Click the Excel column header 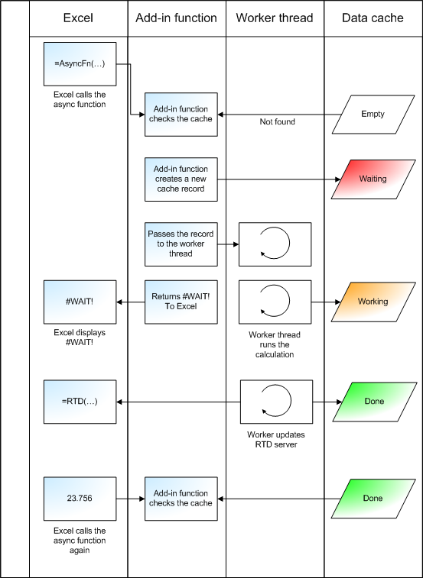[x=78, y=18]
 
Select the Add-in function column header [x=176, y=18]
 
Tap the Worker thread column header [x=275, y=18]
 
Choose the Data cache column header [x=373, y=18]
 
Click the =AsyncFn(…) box [x=80, y=64]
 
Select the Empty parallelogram [x=373, y=115]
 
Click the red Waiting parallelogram [x=373, y=179]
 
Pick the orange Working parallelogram [x=373, y=302]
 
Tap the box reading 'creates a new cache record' [x=181, y=179]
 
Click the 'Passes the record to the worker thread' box [x=181, y=244]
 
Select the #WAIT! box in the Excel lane [x=80, y=302]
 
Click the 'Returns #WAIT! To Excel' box [x=181, y=302]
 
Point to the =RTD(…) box [x=80, y=402]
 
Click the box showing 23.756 [x=80, y=499]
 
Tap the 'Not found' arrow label [x=277, y=121]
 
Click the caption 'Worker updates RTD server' [x=276, y=439]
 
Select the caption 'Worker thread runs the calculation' [x=275, y=344]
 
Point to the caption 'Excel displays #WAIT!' [x=80, y=337]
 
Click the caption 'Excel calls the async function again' [x=80, y=541]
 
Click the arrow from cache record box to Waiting [x=279, y=179]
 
